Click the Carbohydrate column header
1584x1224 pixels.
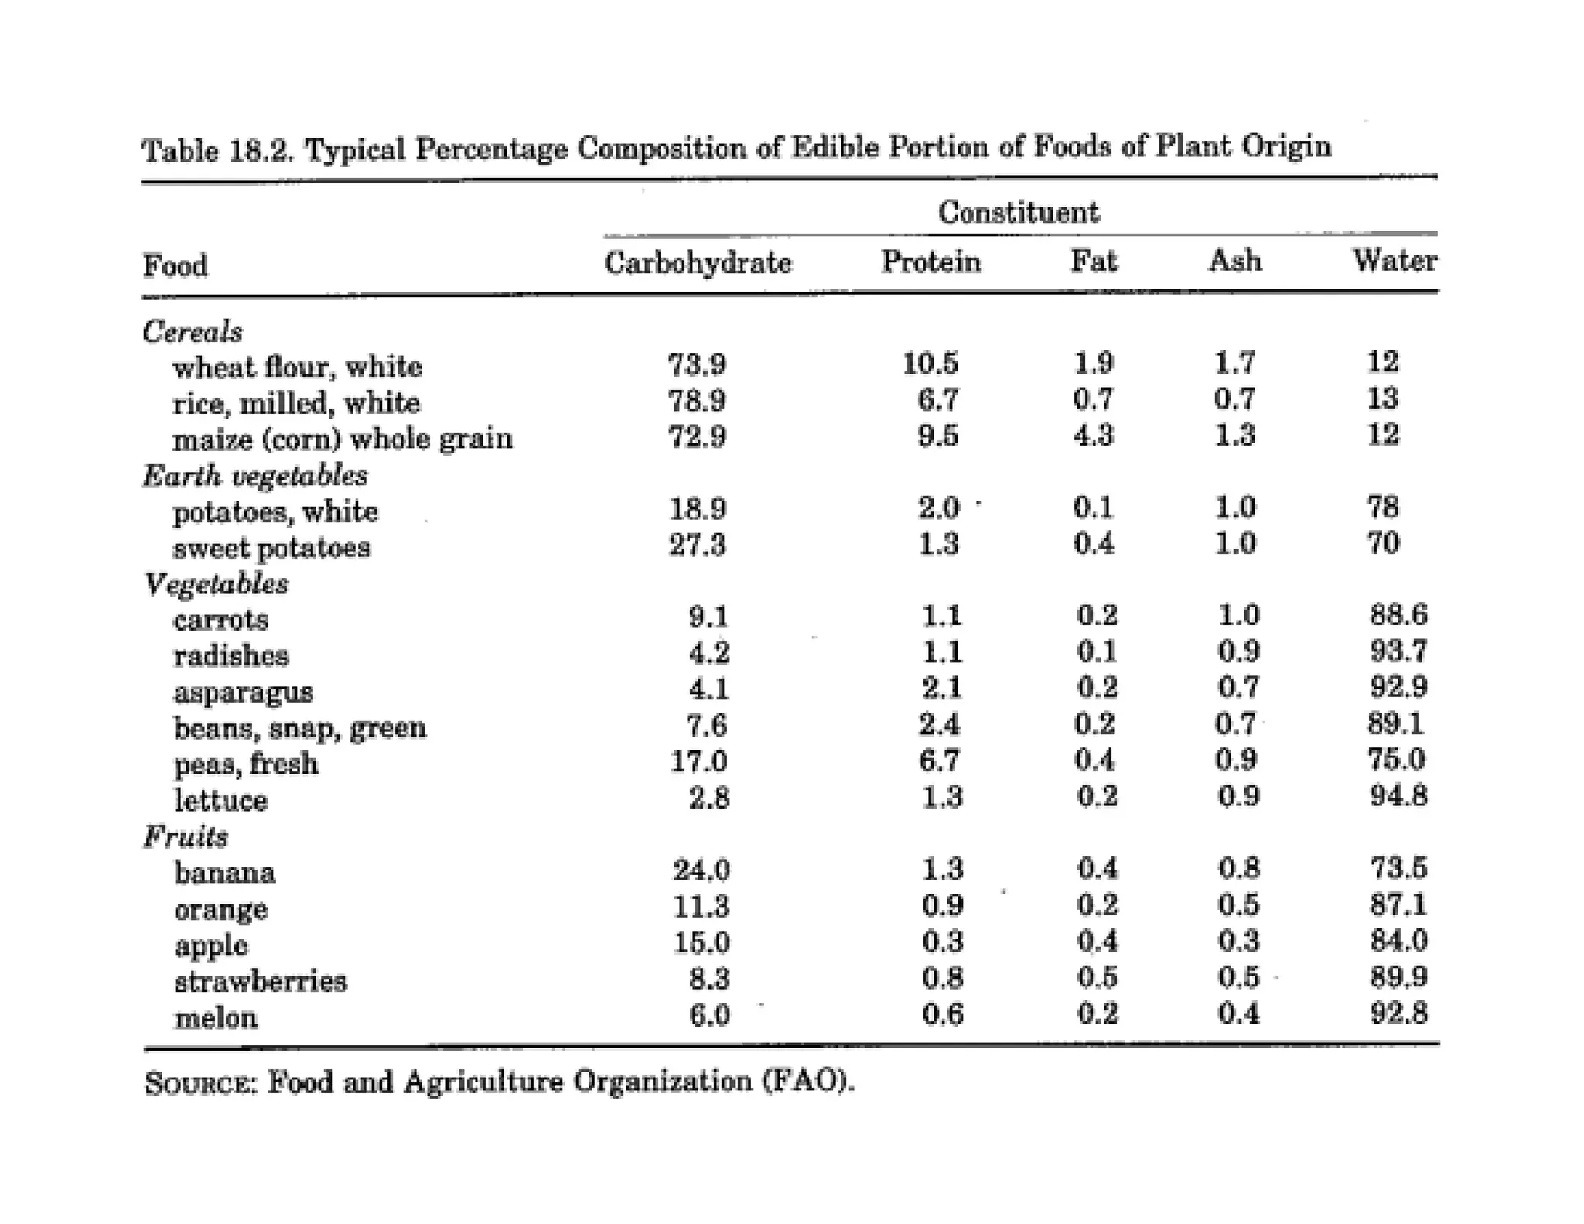tap(698, 263)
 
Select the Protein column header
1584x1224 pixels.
tap(931, 262)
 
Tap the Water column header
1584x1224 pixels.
tap(1395, 260)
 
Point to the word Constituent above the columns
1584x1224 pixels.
tap(1019, 212)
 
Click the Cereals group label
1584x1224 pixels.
tap(193, 331)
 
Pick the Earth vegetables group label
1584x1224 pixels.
tap(255, 475)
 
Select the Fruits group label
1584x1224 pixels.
tap(186, 836)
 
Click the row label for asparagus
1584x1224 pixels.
tap(243, 692)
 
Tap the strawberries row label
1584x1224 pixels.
tap(261, 981)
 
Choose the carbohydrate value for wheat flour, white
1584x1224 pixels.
tap(697, 364)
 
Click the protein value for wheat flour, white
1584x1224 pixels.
tap(930, 363)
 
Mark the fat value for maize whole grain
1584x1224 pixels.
tap(1093, 435)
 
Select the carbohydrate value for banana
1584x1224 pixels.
tap(701, 870)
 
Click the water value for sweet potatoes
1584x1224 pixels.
tap(1383, 542)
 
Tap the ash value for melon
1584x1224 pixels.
tap(1238, 1013)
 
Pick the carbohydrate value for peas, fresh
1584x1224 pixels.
tap(698, 762)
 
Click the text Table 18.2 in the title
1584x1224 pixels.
tap(218, 149)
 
